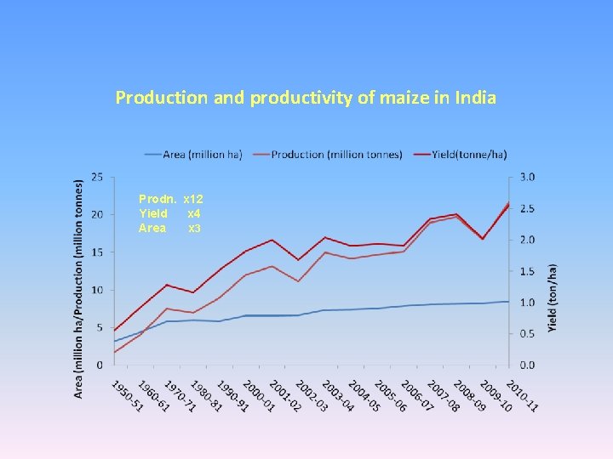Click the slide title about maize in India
(x=306, y=98)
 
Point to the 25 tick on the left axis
(x=97, y=177)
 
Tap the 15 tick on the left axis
(x=97, y=252)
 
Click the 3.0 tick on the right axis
(x=529, y=177)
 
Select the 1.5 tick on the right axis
(x=529, y=271)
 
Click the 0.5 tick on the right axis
(x=529, y=334)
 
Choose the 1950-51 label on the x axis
(x=126, y=396)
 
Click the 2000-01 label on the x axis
(x=257, y=396)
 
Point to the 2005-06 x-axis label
(x=390, y=396)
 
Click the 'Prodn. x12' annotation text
(x=170, y=198)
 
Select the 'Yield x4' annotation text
(x=170, y=213)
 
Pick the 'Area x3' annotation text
(x=170, y=229)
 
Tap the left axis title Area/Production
(x=79, y=287)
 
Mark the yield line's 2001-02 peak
(x=272, y=240)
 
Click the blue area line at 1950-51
(x=114, y=341)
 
